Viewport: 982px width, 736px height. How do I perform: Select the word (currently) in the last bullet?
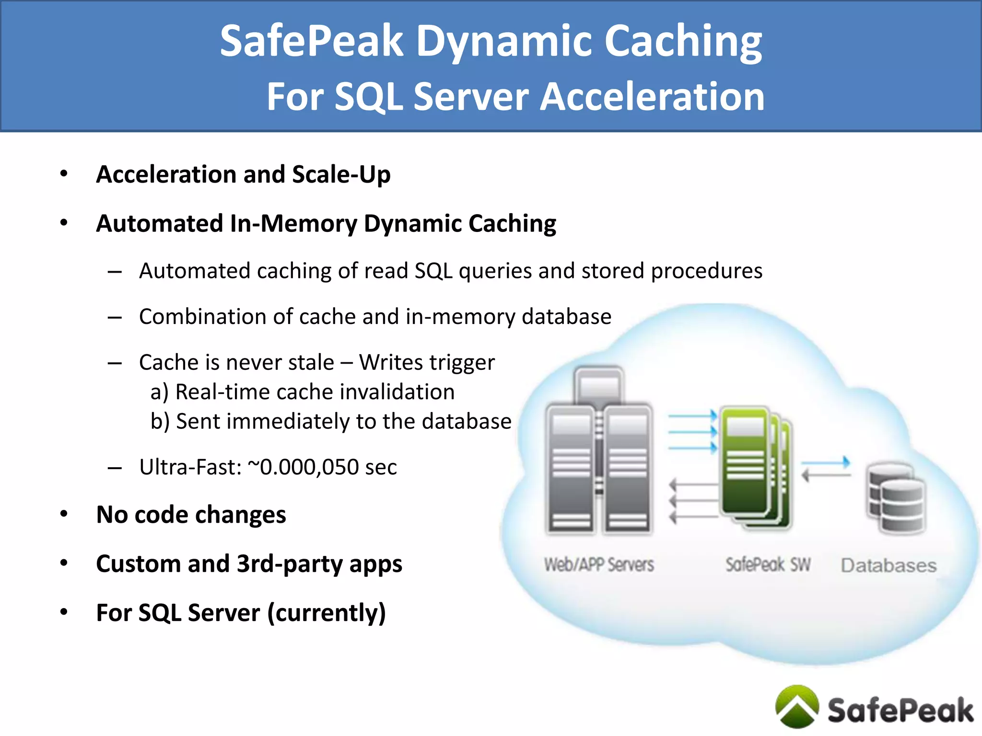(326, 613)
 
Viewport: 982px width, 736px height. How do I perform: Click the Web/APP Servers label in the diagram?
(599, 565)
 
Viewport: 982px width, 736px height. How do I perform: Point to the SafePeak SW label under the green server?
(768, 565)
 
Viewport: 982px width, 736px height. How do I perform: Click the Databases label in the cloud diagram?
(888, 566)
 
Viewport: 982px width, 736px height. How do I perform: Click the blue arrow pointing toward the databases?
(826, 463)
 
